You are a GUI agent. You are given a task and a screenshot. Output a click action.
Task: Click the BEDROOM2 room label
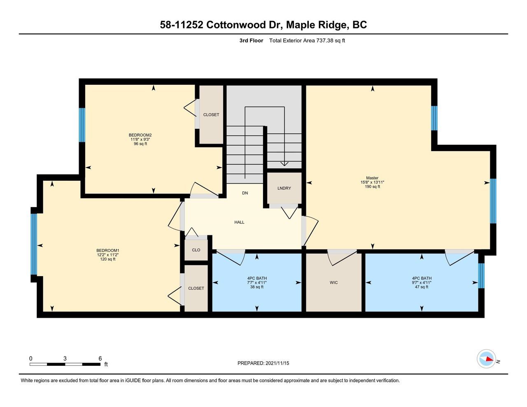(x=140, y=135)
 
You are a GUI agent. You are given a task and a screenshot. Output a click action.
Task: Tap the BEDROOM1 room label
(x=108, y=250)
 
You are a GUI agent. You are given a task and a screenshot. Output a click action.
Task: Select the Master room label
(x=372, y=178)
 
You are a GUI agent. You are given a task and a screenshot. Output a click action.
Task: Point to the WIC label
(x=334, y=282)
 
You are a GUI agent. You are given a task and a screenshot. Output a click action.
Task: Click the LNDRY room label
(x=284, y=188)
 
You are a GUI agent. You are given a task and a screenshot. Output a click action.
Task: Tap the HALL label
(x=239, y=222)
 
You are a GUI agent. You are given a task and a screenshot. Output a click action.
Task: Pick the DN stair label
(x=245, y=193)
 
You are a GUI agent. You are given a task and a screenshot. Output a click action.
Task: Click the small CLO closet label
(x=196, y=250)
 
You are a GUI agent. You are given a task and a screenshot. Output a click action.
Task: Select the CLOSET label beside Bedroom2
(x=211, y=115)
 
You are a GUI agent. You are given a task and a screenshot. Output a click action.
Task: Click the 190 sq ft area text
(x=372, y=187)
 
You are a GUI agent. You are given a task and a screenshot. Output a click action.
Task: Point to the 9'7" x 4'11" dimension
(x=422, y=283)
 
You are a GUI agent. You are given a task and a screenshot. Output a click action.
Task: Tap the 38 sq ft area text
(x=257, y=287)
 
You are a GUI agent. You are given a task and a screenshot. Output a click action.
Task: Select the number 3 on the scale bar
(x=65, y=358)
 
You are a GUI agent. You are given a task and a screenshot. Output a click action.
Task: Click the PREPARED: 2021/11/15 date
(x=263, y=363)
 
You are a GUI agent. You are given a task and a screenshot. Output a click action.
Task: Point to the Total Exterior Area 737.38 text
(x=307, y=40)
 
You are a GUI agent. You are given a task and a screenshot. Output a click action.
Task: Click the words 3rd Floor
(x=251, y=40)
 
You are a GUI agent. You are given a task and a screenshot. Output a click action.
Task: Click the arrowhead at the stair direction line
(x=284, y=164)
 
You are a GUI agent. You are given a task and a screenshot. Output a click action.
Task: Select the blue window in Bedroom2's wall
(x=82, y=125)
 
